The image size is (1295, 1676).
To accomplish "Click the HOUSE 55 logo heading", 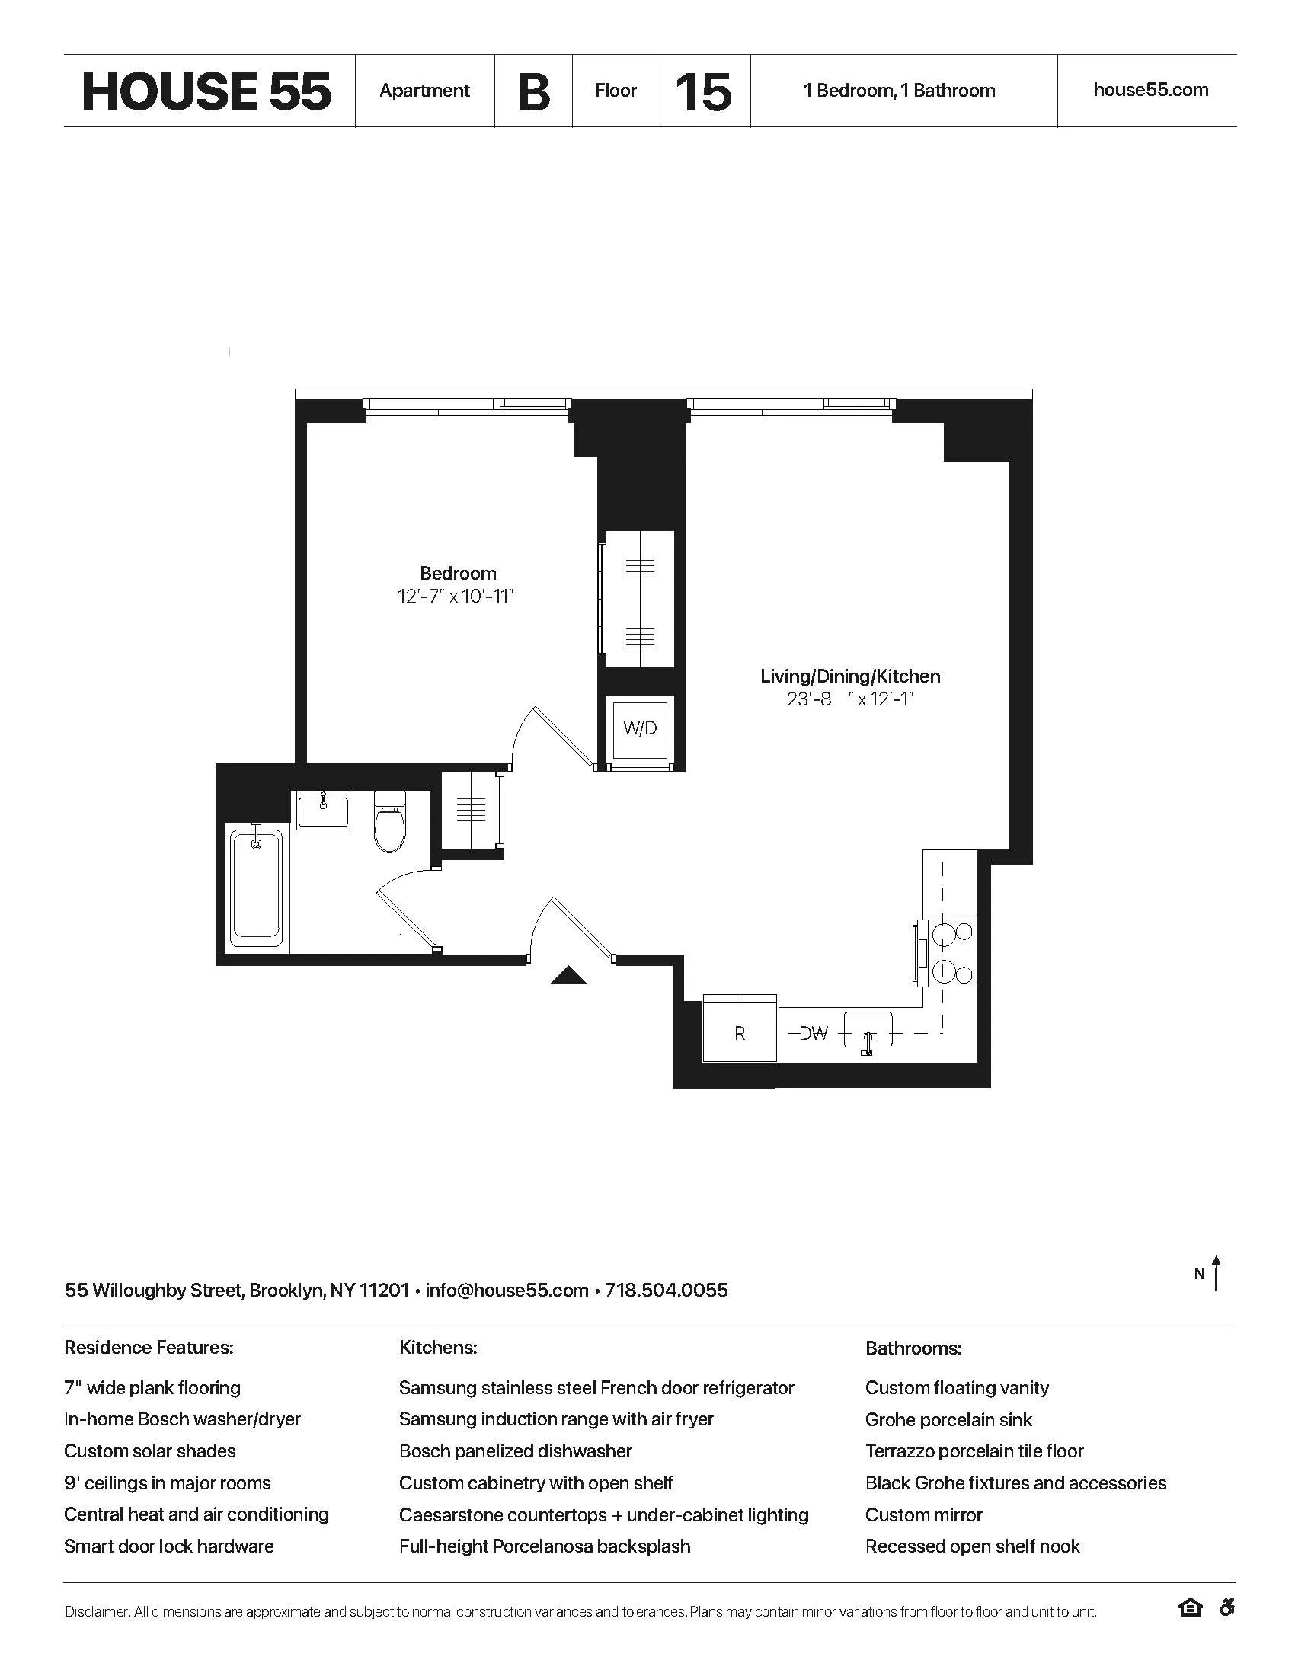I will click(206, 91).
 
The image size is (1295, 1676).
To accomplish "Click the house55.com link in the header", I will click(1150, 90).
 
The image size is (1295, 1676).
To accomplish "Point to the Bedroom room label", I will click(458, 573).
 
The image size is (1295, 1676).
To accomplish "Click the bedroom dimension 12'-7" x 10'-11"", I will click(455, 597).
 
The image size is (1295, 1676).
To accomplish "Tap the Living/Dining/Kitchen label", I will click(850, 676).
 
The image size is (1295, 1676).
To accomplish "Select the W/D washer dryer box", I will click(640, 728).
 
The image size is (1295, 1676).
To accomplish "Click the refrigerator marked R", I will click(740, 1033).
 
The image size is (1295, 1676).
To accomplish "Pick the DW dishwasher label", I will click(813, 1033).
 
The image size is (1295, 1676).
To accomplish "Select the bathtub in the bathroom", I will click(256, 886).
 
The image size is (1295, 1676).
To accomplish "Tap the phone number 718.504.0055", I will click(666, 1290).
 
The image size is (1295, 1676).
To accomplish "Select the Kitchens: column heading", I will click(438, 1348).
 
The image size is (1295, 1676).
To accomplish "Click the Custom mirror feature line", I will click(924, 1514).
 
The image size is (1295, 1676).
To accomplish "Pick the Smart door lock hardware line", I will click(169, 1546).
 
